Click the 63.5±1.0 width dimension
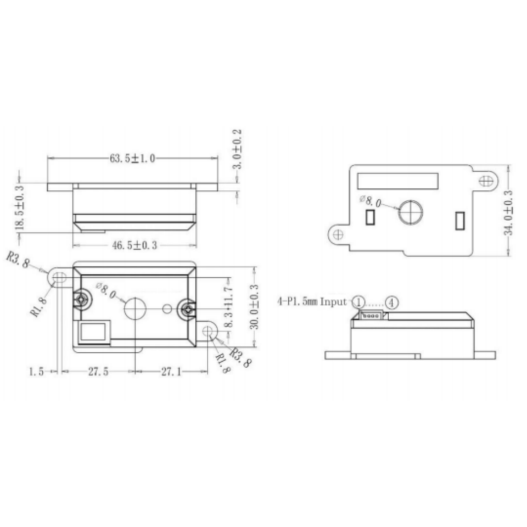click(x=132, y=158)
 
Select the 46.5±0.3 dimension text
click(x=134, y=245)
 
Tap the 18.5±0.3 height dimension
click(x=20, y=208)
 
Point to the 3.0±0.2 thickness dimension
click(x=238, y=149)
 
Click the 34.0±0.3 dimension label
click(x=508, y=213)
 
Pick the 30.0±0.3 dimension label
click(x=254, y=307)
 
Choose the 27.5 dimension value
click(x=98, y=372)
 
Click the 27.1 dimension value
click(x=171, y=372)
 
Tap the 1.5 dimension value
click(x=36, y=372)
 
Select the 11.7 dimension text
click(x=228, y=295)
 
